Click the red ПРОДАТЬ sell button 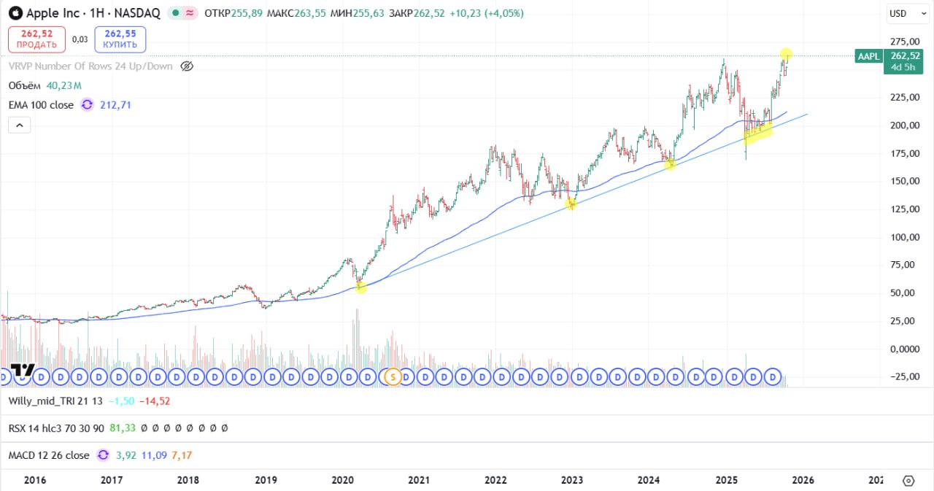coord(36,39)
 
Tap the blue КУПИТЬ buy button coord(120,39)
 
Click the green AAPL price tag coord(868,56)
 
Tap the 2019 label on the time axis coord(265,480)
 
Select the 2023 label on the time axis coord(571,480)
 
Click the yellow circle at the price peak coord(786,53)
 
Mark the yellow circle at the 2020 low coord(360,288)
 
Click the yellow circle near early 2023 coord(571,204)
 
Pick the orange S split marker coord(393,376)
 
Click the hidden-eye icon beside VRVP coord(187,66)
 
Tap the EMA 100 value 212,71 coord(116,105)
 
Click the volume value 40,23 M coord(63,85)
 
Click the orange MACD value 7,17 coord(182,455)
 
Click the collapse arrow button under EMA coord(19,125)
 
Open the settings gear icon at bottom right coord(908,481)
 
